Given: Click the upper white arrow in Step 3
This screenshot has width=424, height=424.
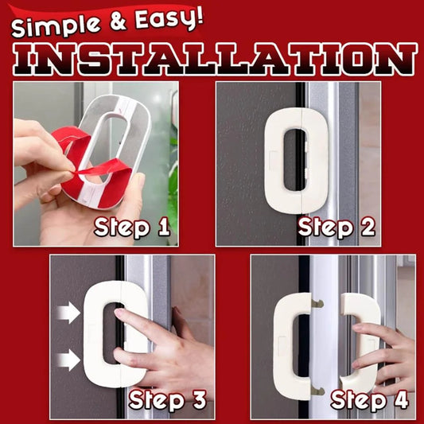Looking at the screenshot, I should pos(70,312).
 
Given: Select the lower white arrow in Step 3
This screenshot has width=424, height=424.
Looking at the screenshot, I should pos(70,360).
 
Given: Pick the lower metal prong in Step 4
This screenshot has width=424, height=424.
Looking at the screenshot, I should pos(317,390).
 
